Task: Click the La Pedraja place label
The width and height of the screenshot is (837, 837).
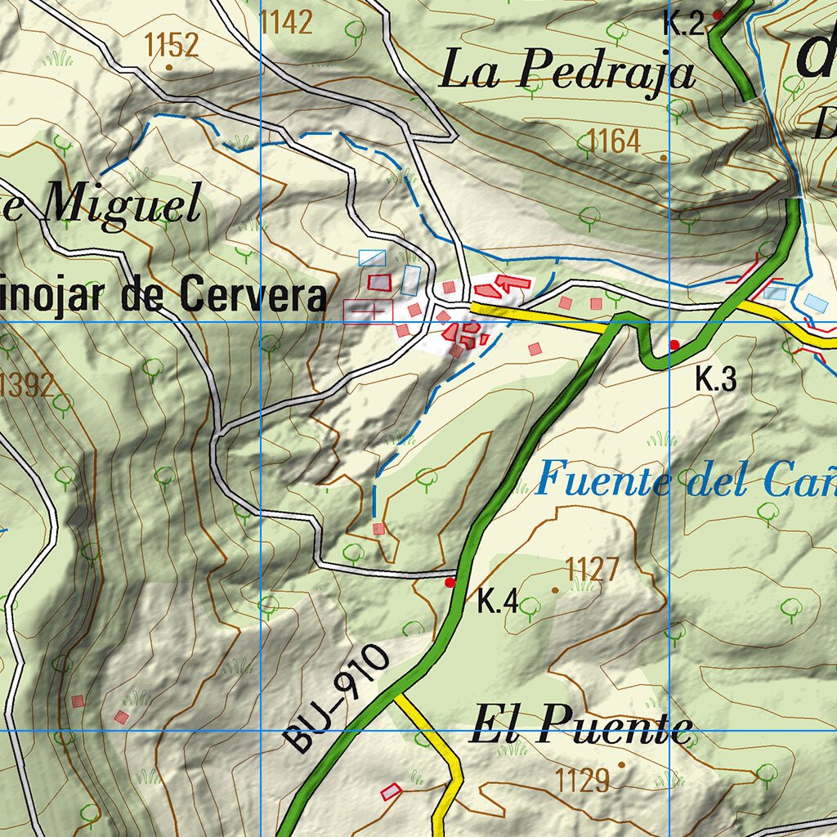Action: point(567,71)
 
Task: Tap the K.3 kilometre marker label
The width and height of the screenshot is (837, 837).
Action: point(716,379)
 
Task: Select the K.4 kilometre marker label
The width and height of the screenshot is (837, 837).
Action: point(498,604)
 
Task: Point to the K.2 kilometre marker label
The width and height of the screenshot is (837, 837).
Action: point(683,24)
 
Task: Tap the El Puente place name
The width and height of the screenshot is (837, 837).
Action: point(580,727)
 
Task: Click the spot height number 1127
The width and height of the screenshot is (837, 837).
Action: point(593,569)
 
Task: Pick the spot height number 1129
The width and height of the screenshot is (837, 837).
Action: point(583,781)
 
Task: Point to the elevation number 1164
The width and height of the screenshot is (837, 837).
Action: point(613,142)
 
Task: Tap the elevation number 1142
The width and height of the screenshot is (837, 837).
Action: point(286,23)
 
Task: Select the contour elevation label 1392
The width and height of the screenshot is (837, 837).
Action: point(27,383)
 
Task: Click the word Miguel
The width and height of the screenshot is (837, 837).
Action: point(122,205)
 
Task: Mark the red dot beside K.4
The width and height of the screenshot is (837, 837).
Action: point(450,583)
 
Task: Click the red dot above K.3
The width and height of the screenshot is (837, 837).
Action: point(674,345)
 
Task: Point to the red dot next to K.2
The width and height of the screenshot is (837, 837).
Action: point(718,15)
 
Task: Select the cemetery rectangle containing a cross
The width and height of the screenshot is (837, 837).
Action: point(368,311)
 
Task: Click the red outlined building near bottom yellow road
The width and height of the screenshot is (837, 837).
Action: point(392,791)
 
